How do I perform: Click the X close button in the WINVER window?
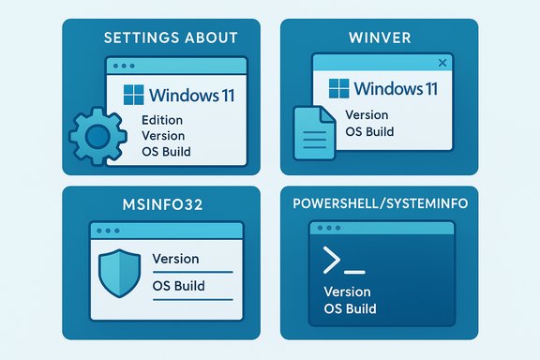(442, 63)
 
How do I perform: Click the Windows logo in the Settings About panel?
(134, 95)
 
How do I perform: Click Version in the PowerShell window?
(348, 292)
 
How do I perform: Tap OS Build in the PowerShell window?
(350, 308)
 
